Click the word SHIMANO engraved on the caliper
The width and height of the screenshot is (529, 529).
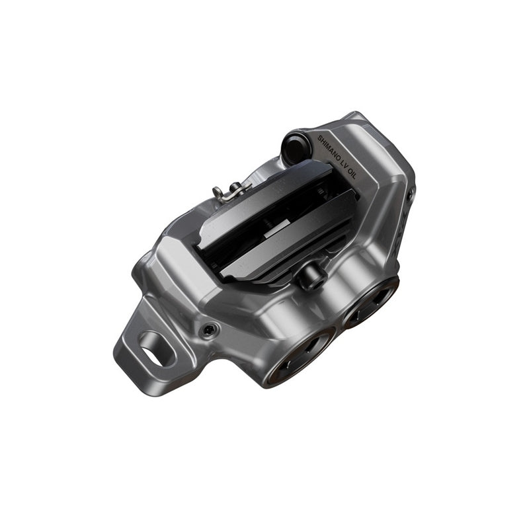[331, 150]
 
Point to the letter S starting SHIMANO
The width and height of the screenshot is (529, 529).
[321, 139]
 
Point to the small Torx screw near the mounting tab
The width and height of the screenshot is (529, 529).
[210, 329]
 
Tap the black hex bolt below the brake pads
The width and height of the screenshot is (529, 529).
[309, 278]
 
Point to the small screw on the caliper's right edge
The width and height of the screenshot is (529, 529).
[411, 194]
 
